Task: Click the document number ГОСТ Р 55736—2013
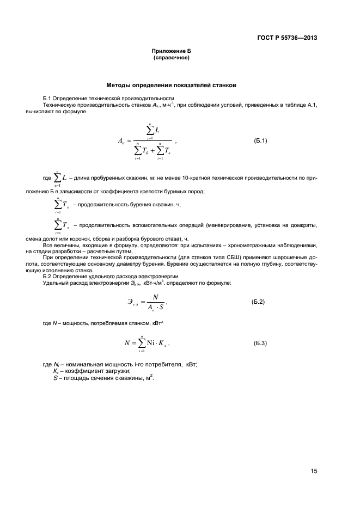(x=286, y=38)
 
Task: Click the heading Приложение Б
(x=171, y=51)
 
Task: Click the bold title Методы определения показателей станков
(x=171, y=85)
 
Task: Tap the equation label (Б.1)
(x=261, y=141)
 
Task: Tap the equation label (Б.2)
(x=258, y=301)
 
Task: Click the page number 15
(x=314, y=471)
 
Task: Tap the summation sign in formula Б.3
(x=142, y=344)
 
